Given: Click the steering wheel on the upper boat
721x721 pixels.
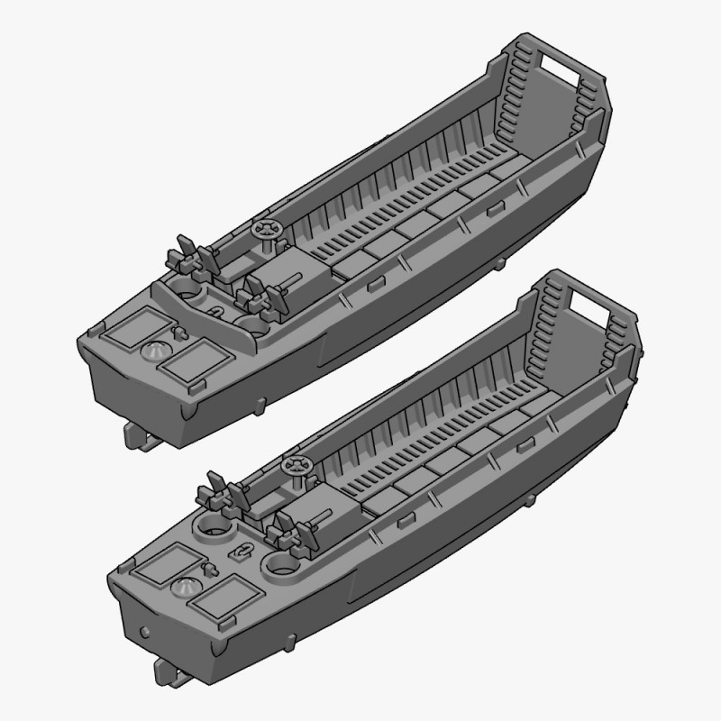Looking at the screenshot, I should click(x=268, y=230).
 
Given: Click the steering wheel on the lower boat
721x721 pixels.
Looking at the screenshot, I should click(x=296, y=466).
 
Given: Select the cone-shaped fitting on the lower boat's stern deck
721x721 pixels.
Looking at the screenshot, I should click(x=185, y=586).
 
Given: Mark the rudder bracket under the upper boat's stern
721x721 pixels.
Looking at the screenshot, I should click(x=140, y=436).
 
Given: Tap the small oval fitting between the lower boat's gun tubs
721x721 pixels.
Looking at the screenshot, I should click(x=242, y=552).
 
